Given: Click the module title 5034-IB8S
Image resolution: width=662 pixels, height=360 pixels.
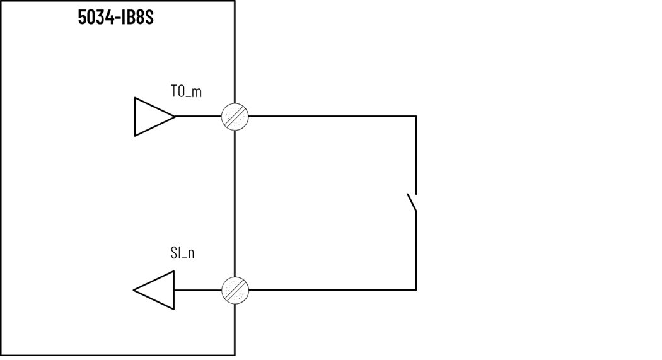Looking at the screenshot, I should tap(115, 17).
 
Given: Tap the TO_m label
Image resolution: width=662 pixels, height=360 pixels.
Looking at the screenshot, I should tap(186, 91).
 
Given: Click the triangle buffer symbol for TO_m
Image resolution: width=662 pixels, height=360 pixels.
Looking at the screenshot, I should tap(151, 117).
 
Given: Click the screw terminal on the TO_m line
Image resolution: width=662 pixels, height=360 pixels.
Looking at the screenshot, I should tap(235, 117).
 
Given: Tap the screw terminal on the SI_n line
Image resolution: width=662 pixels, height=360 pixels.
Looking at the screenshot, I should tap(235, 290).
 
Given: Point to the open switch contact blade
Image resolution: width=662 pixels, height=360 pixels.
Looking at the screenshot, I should tap(411, 202).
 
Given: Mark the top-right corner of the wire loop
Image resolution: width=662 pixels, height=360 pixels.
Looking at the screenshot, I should tap(415, 117).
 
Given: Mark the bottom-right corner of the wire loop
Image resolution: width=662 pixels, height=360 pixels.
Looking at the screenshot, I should tap(415, 290).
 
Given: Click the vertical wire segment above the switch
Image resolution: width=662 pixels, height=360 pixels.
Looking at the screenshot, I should tap(415, 154).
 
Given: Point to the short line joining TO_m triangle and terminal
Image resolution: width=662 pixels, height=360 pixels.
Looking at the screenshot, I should tap(198, 117).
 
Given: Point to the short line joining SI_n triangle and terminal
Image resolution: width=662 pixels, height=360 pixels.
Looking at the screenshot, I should tap(198, 290).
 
